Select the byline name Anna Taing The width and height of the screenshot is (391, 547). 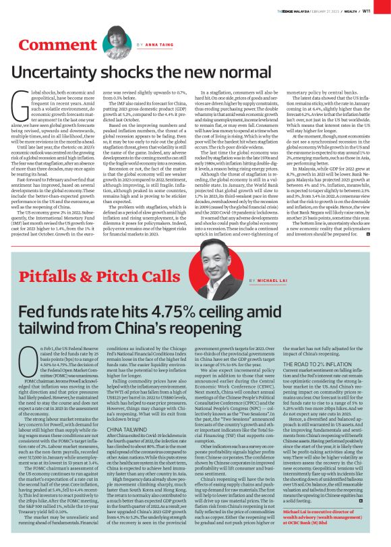pos(159,45)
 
